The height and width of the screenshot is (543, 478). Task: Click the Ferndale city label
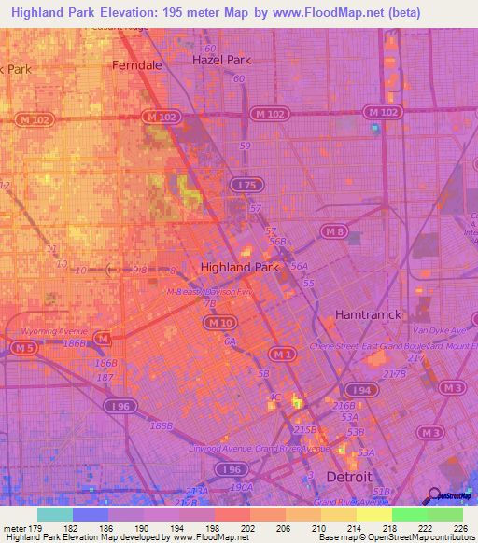pos(136,65)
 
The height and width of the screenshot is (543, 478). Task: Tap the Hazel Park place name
pos(221,60)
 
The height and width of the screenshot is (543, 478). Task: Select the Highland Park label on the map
pos(240,267)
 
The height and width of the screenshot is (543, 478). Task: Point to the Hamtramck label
pos(367,314)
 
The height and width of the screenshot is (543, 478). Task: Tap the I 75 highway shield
pos(246,186)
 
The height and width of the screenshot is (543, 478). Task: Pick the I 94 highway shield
pos(358,389)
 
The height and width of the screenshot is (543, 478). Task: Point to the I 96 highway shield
pos(119,406)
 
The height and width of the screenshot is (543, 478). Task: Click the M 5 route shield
pos(22,347)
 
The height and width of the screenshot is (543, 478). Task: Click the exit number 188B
pos(162,425)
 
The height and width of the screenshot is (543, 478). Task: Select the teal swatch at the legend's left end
pos(54,514)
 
